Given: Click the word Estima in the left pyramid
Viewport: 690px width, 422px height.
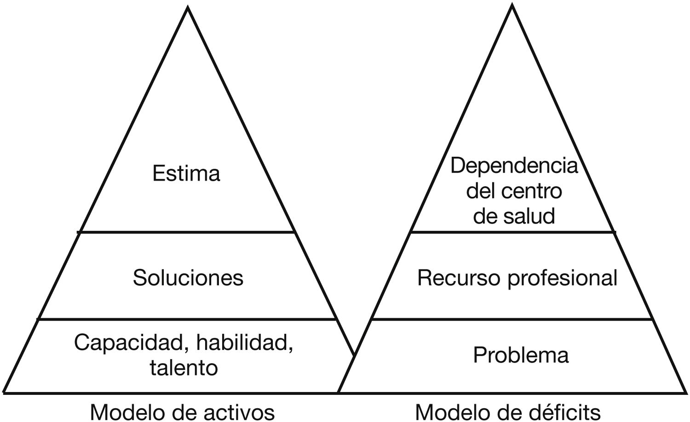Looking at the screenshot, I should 186,174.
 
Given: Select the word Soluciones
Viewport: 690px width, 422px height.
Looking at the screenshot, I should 188,278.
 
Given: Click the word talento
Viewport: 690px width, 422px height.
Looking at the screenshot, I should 184,368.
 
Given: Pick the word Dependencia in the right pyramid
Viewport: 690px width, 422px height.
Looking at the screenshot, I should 514,165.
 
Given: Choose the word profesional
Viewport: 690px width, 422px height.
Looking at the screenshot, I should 562,278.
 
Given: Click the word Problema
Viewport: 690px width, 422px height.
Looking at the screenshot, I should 521,355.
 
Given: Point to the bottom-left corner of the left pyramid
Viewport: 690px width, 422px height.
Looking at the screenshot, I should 4,392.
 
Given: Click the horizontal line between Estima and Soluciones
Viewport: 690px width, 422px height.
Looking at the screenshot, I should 186,232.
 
